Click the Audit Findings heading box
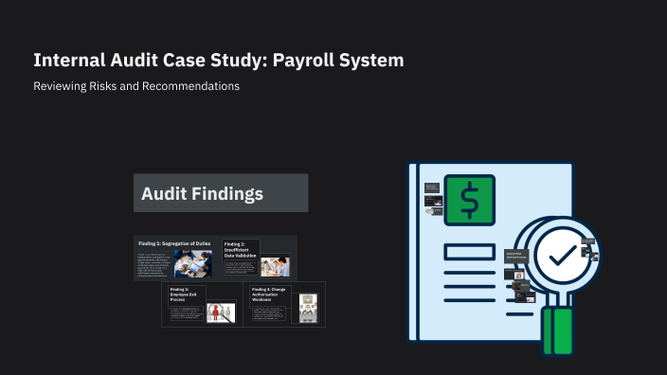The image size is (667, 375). [221, 193]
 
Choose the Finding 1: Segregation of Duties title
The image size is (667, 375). [175, 244]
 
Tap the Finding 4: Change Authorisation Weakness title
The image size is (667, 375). [269, 290]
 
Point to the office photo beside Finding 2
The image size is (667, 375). [274, 265]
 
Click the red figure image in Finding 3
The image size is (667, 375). [221, 312]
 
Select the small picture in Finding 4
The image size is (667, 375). [307, 304]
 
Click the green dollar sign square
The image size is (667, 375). [470, 201]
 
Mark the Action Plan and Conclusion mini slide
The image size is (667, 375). [515, 256]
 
